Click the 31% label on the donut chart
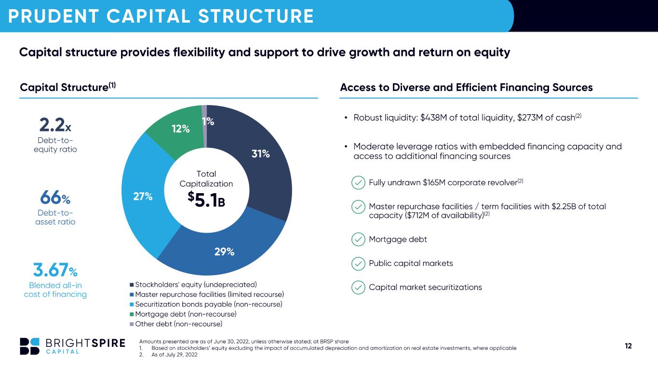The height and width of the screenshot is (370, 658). [261, 154]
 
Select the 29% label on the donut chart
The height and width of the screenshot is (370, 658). [225, 251]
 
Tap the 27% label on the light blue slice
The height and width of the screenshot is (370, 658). [143, 197]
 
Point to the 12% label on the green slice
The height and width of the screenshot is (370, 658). [181, 129]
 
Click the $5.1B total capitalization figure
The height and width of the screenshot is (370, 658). [206, 199]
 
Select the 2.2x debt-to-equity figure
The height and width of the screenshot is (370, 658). [55, 125]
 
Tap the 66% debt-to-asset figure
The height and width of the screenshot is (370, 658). [55, 198]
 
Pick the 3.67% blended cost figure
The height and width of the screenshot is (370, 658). [55, 270]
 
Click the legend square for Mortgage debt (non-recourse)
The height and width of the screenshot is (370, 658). [132, 315]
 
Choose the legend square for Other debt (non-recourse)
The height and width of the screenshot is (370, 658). [132, 324]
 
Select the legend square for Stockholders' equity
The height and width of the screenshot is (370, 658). [132, 285]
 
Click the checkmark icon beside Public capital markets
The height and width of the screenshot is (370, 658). [358, 264]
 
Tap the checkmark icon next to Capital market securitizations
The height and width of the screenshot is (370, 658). [358, 287]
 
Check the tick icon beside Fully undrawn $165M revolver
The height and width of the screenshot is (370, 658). [358, 183]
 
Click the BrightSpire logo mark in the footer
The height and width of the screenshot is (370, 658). [30, 346]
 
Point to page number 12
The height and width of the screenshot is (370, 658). [628, 346]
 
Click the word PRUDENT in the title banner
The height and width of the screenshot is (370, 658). [54, 16]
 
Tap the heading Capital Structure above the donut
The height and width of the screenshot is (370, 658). [64, 88]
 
